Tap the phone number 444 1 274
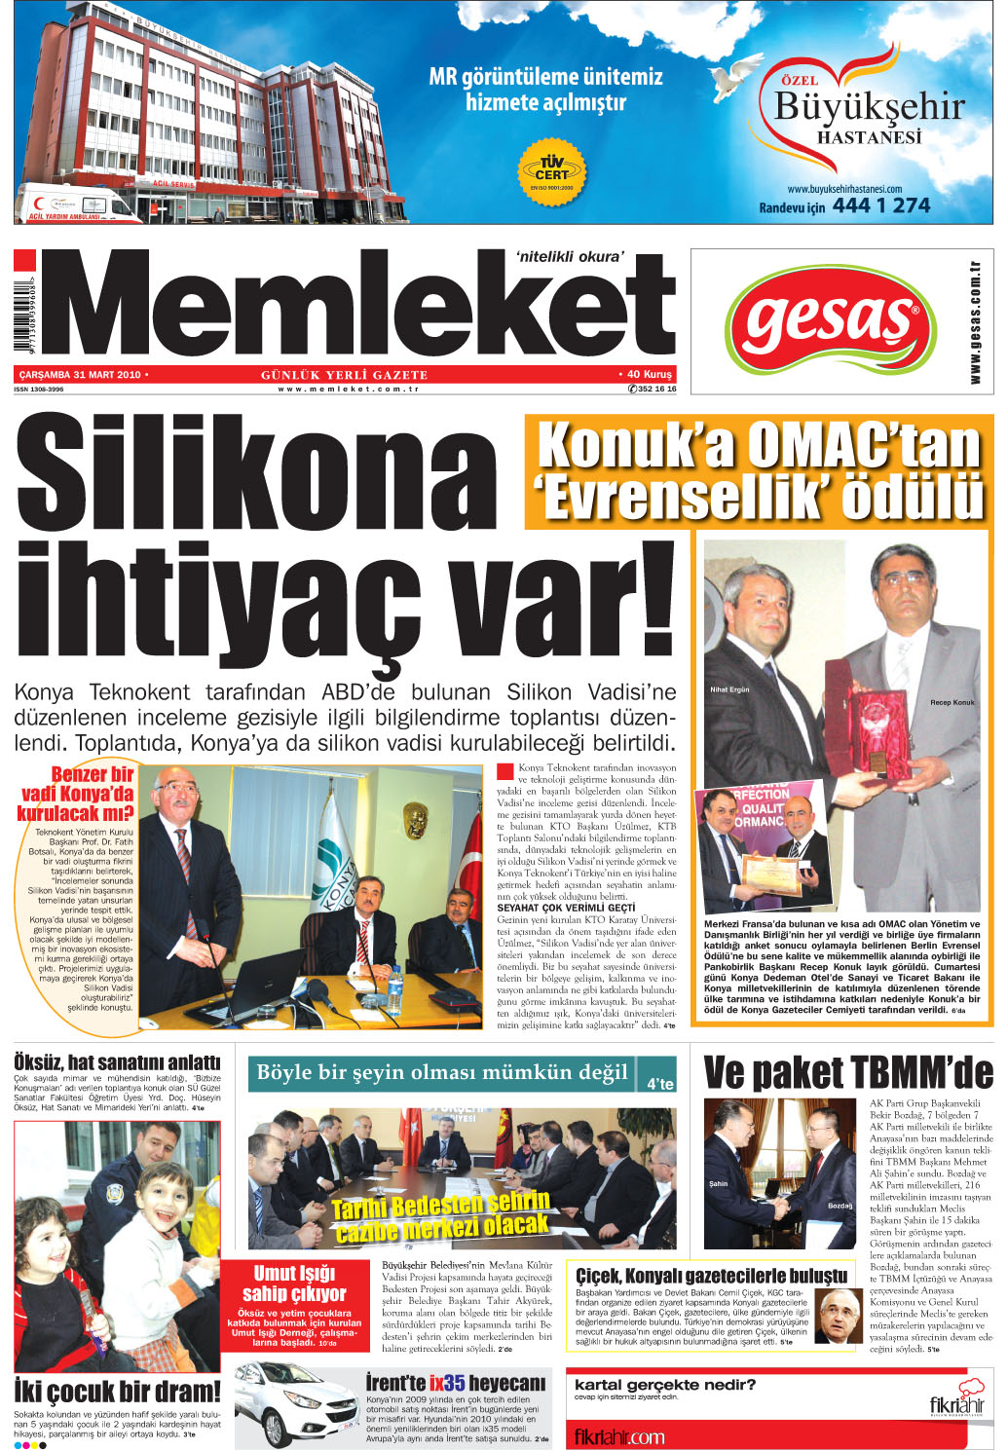click(x=880, y=205)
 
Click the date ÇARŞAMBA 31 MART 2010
click(x=81, y=374)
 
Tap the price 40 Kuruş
click(x=647, y=374)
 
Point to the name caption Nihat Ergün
click(x=729, y=689)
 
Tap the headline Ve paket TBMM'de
click(x=847, y=1073)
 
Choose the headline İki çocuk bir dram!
click(x=117, y=1391)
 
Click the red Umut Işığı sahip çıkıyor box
click(x=293, y=1305)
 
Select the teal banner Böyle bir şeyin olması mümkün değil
click(x=442, y=1073)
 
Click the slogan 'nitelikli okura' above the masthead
click(x=569, y=257)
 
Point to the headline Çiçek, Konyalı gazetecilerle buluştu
click(x=711, y=1276)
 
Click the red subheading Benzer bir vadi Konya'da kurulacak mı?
click(x=78, y=794)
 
